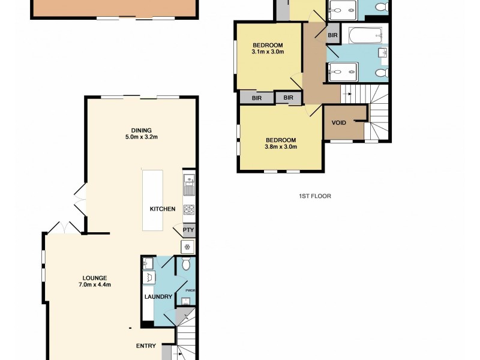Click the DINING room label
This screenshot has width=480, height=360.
click(142, 130)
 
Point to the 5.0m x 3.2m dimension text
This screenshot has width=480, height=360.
click(142, 137)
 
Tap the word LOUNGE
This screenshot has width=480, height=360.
click(95, 278)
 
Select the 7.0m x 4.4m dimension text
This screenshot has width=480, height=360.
click(95, 285)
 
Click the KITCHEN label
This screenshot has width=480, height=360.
click(163, 209)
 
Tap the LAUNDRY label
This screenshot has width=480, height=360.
click(158, 296)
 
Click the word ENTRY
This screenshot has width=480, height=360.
click(146, 346)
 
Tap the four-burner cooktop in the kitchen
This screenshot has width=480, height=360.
click(189, 209)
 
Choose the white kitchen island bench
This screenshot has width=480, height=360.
click(152, 200)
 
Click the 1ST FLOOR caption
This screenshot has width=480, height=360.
click(315, 196)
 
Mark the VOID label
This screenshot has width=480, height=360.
click(339, 122)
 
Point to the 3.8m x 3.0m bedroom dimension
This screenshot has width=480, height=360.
click(281, 146)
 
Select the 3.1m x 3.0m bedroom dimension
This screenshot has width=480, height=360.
click(268, 52)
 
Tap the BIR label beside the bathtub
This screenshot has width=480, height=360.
click(332, 35)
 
